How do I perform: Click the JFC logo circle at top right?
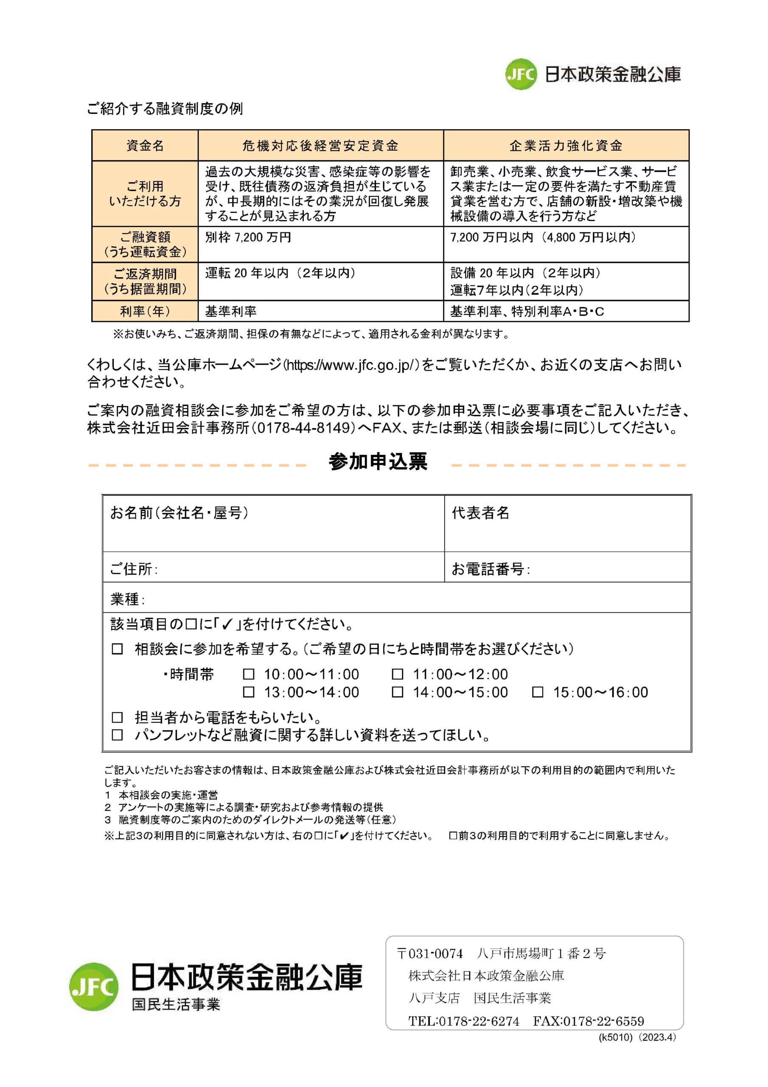[521, 74]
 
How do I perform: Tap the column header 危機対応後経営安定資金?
[320, 146]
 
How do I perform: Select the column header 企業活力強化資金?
[566, 146]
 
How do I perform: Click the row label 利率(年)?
[145, 311]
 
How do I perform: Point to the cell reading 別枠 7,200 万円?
[248, 237]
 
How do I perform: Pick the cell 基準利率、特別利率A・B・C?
[527, 311]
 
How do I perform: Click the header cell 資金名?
[145, 146]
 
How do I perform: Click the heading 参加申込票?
[378, 462]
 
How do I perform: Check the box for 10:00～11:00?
[248, 674]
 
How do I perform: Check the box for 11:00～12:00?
[398, 674]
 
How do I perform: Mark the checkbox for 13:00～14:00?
[248, 692]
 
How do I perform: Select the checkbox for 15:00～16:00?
[538, 692]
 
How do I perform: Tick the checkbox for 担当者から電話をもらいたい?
[118, 717]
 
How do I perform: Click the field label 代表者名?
[480, 513]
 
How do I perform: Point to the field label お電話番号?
[490, 569]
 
